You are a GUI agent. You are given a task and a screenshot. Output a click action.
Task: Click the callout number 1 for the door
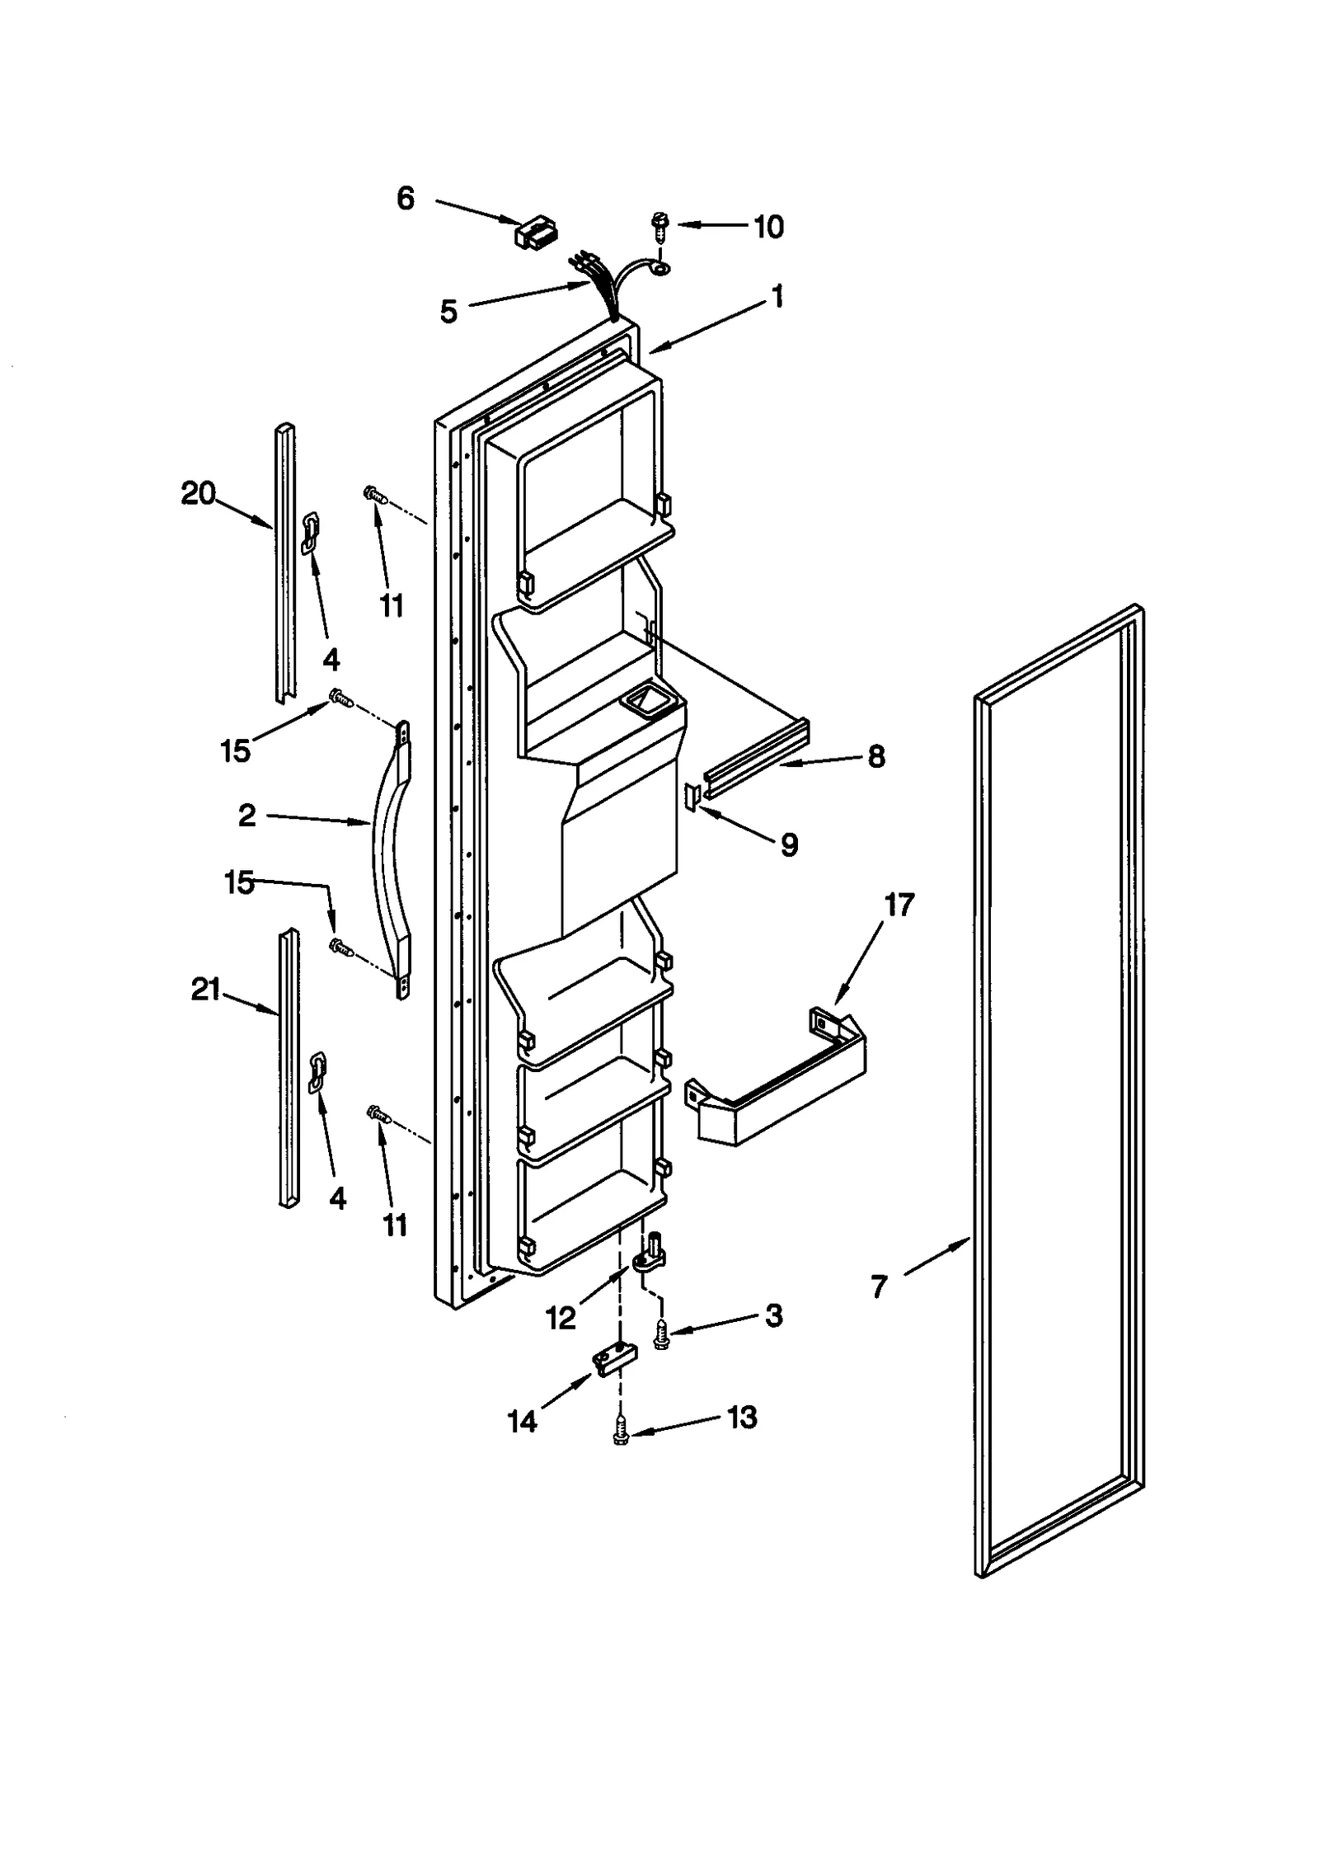[777, 297]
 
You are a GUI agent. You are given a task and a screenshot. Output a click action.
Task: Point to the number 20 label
[198, 494]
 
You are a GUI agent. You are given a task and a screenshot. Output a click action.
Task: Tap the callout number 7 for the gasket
[879, 1286]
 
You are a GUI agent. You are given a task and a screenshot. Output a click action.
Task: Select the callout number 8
[875, 755]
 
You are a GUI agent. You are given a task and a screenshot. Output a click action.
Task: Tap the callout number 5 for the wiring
[448, 312]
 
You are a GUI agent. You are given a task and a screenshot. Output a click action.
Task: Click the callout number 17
[899, 905]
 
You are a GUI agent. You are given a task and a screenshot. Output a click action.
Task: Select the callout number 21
[205, 989]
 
